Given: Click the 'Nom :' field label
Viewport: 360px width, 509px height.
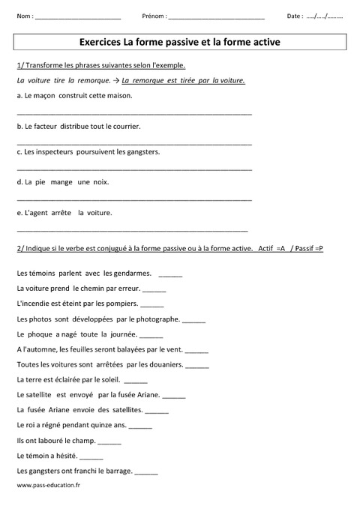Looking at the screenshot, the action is [24, 16].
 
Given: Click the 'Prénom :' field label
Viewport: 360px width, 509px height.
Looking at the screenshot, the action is [154, 16].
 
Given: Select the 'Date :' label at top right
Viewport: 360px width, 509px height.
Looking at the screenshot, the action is [295, 16].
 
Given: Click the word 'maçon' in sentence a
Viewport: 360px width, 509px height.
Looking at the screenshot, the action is [46, 96].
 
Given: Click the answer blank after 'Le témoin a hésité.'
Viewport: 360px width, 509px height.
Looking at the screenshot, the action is [91, 457].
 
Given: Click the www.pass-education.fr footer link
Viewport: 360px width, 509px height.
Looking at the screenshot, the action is [48, 485].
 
